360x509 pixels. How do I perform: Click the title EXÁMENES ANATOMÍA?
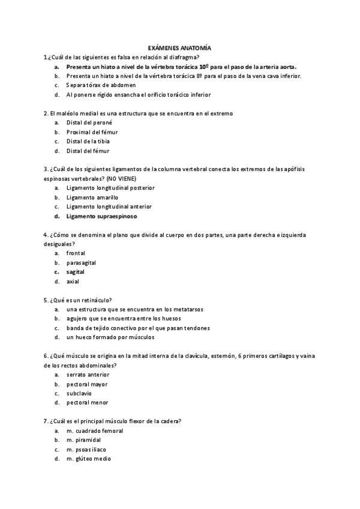point(179,47)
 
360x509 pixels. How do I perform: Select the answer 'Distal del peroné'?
point(89,122)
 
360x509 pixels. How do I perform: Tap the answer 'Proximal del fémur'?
point(92,132)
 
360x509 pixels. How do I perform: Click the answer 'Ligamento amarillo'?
point(92,197)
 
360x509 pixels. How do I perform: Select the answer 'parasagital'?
point(81,263)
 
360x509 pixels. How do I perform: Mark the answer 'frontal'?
point(76,253)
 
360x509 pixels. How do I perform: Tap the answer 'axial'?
point(73,282)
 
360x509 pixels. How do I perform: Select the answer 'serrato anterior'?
point(88,375)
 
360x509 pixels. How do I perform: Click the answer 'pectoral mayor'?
point(87,384)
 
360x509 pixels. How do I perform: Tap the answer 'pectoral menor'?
point(87,403)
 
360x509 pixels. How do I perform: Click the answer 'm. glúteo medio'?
point(89,459)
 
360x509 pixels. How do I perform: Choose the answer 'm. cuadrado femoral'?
point(95,431)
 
